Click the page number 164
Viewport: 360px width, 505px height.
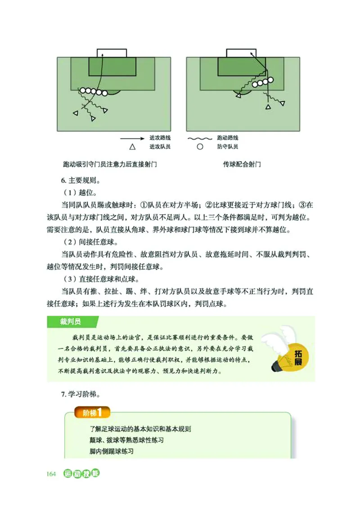tap(50, 474)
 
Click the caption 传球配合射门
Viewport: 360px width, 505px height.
tap(242, 164)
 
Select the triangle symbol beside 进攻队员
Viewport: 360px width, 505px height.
tap(132, 147)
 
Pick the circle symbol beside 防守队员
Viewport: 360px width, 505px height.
tap(200, 147)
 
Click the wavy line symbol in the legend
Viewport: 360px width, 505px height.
tap(199, 138)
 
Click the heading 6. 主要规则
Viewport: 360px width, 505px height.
tap(81, 181)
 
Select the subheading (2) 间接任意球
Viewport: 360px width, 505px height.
tap(88, 243)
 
